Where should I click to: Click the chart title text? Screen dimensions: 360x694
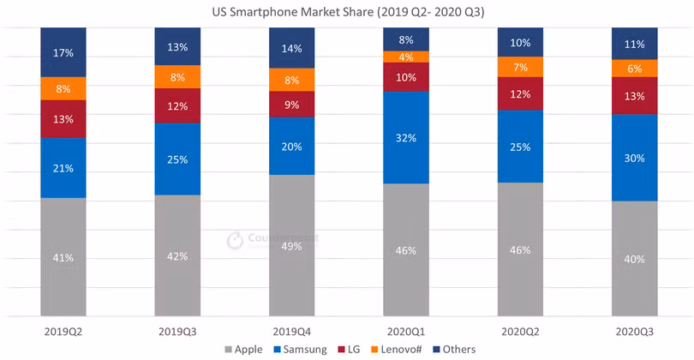[347, 12]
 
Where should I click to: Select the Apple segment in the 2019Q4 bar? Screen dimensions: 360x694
[292, 245]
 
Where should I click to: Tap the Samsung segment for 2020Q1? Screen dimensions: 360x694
[406, 137]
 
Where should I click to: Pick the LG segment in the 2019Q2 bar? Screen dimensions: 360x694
[63, 119]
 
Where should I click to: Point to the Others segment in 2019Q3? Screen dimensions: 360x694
[177, 46]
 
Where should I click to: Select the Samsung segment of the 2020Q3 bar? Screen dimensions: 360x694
[634, 157]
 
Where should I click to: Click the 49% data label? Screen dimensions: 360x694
[292, 247]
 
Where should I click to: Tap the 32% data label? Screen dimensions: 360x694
[406, 138]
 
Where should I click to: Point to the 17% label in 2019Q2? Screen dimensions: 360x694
[63, 53]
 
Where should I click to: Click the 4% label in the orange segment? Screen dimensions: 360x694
[406, 57]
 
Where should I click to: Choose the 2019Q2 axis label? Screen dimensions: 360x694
[63, 329]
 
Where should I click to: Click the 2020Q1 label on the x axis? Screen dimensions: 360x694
[406, 329]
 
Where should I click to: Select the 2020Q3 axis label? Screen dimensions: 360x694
[634, 329]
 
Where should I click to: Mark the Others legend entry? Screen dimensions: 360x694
[453, 349]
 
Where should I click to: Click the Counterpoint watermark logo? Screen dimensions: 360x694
[235, 241]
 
